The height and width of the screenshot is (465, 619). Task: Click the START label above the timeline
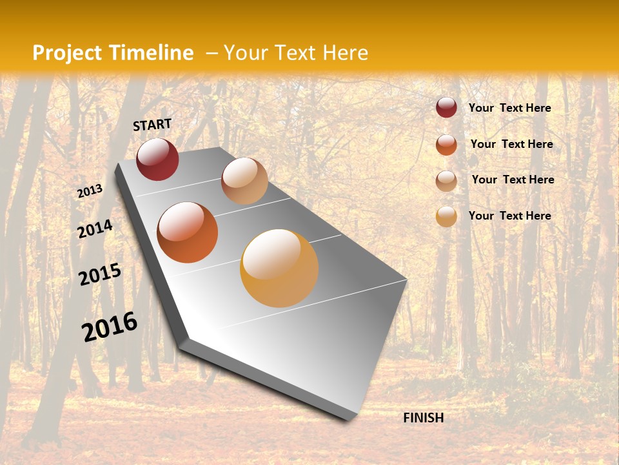[x=152, y=125]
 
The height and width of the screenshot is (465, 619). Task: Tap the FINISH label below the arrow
[x=423, y=418]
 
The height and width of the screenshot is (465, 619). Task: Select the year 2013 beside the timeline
[x=90, y=191]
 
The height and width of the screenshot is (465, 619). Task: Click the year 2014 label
[x=95, y=229]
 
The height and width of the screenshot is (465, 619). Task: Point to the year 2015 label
[x=100, y=274]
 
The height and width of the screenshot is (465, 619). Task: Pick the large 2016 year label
[x=110, y=327]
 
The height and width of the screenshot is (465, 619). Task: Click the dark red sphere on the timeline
[x=157, y=159]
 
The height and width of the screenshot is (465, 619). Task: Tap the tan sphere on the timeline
[x=244, y=181]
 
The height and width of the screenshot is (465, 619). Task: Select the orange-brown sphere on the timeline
[x=188, y=232]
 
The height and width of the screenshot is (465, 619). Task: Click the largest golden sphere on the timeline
[x=279, y=268]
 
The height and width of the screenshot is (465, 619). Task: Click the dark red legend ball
[x=446, y=107]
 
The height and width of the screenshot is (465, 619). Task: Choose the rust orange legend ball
[x=446, y=145]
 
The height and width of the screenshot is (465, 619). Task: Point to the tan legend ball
[x=446, y=181]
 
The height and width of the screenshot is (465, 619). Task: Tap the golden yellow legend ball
[x=446, y=216]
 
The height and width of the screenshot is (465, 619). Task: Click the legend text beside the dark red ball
[x=510, y=108]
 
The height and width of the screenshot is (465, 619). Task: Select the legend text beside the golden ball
[x=510, y=216]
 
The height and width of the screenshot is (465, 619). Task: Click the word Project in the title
[x=68, y=53]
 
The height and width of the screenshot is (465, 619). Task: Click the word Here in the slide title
[x=345, y=53]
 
